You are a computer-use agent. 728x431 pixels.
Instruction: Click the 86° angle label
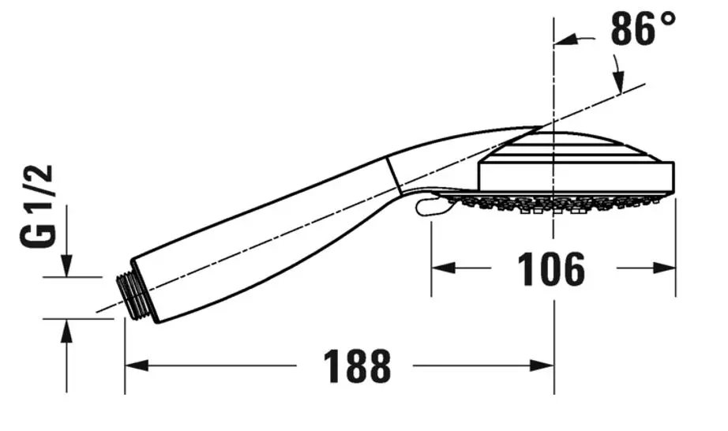point(643,31)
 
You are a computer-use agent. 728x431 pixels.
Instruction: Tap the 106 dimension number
point(552,270)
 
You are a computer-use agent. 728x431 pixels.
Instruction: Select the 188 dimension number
point(357,365)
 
